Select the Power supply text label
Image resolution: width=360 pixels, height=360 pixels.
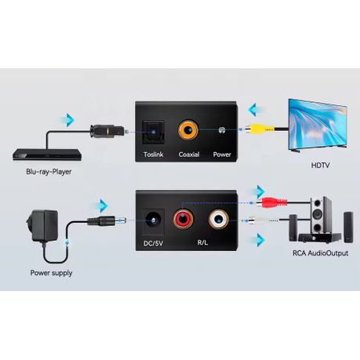pyautogui.click(x=51, y=273)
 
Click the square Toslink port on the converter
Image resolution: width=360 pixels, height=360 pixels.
pyautogui.click(x=153, y=129)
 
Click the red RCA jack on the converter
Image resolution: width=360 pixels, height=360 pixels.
pyautogui.click(x=182, y=217)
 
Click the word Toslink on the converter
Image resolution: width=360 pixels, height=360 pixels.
pyautogui.click(x=153, y=155)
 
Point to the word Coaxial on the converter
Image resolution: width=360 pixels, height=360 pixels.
pyautogui.click(x=189, y=155)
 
